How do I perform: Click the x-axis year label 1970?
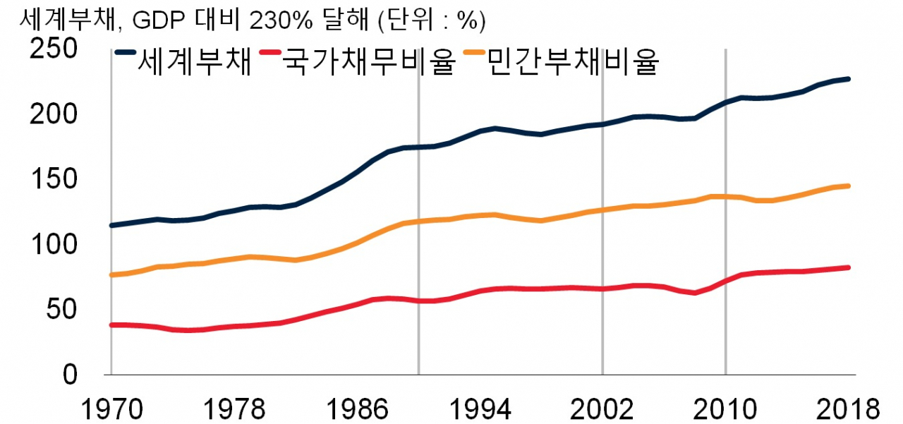[111, 408]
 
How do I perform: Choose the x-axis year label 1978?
[234, 408]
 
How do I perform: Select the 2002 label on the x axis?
[602, 408]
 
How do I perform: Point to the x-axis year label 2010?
[725, 408]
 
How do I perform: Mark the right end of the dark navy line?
[848, 79]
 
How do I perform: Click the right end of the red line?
[848, 267]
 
